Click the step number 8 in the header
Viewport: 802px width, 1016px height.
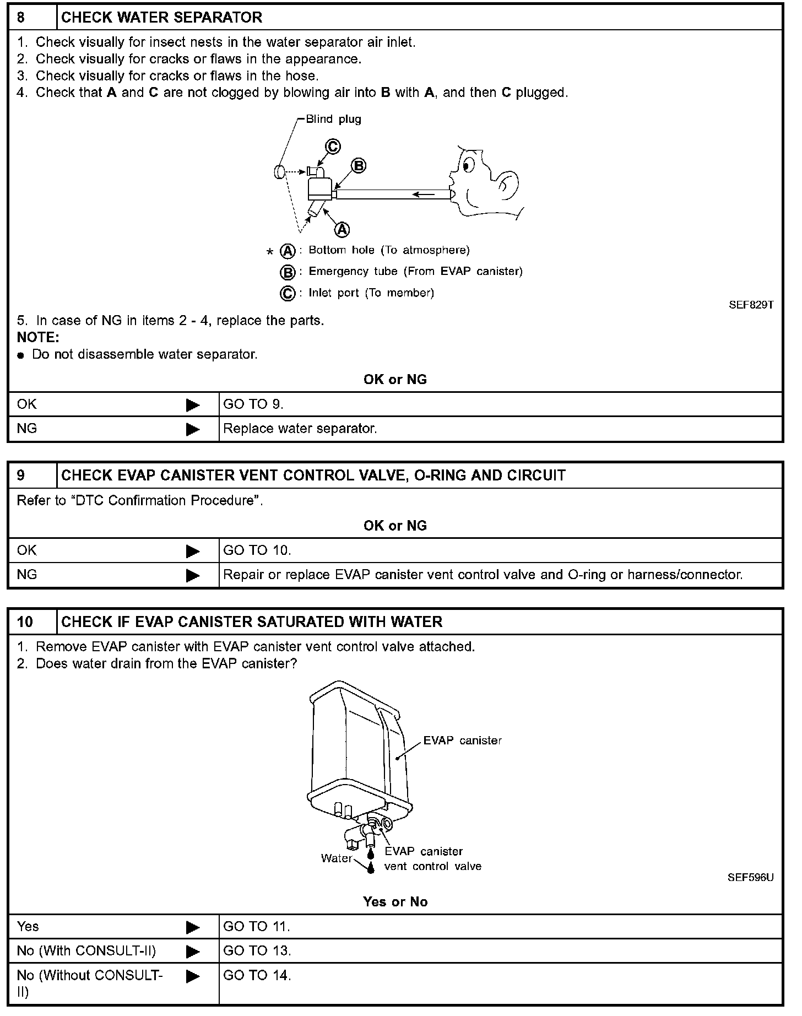pyautogui.click(x=21, y=18)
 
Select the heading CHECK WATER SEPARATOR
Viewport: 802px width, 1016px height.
pyautogui.click(x=161, y=18)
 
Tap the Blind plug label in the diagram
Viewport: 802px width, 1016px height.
pyautogui.click(x=333, y=120)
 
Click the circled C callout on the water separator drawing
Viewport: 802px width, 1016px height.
pyautogui.click(x=333, y=147)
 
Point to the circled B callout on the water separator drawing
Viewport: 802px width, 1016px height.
pyautogui.click(x=358, y=165)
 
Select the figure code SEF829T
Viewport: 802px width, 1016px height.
pyautogui.click(x=751, y=305)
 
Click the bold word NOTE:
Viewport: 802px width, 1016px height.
pyautogui.click(x=38, y=337)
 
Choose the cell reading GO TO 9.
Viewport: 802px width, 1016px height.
pyautogui.click(x=253, y=404)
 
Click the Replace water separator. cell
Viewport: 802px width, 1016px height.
pyautogui.click(x=300, y=429)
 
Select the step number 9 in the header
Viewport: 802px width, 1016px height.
pyautogui.click(x=21, y=475)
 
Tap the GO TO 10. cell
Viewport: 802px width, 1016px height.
pyautogui.click(x=257, y=550)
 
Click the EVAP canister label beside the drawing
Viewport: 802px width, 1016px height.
pyautogui.click(x=462, y=741)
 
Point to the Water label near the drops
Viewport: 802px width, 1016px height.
pyautogui.click(x=336, y=858)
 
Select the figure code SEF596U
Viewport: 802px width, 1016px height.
pyautogui.click(x=750, y=878)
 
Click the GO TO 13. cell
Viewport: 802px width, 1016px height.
pyautogui.click(x=257, y=951)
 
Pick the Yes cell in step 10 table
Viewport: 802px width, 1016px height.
pyautogui.click(x=28, y=927)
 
